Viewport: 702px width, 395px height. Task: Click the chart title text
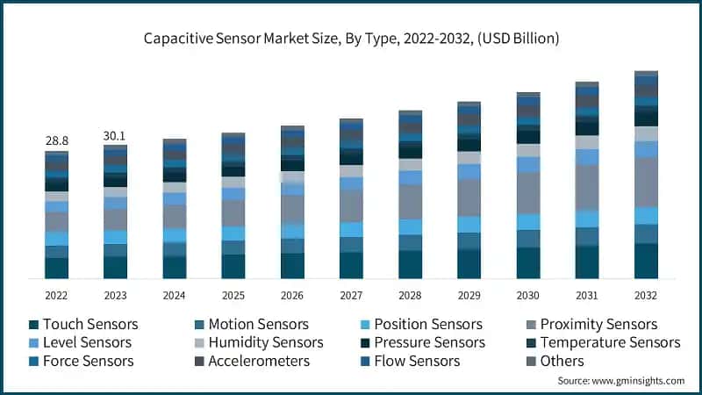[x=351, y=39]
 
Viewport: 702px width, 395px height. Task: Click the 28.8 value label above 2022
[x=57, y=140]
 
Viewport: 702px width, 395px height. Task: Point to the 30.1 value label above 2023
[x=115, y=135]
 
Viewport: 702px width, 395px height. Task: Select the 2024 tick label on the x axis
[x=174, y=295]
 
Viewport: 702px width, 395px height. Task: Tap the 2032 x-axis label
[x=646, y=295]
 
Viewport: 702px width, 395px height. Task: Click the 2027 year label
[x=351, y=295]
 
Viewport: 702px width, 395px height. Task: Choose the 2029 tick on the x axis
[x=469, y=295]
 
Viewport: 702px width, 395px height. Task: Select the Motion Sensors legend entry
[x=258, y=325]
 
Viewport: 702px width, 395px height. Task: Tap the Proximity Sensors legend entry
[x=598, y=325]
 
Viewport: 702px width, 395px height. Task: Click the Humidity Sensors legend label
[x=265, y=342]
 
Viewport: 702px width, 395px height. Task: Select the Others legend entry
[x=562, y=361]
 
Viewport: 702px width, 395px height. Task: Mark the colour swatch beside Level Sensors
[x=32, y=342]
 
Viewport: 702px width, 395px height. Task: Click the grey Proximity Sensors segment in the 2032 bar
[x=646, y=182]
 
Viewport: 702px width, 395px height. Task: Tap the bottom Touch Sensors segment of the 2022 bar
[x=57, y=269]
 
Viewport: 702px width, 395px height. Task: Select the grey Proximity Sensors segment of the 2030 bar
[x=528, y=193]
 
